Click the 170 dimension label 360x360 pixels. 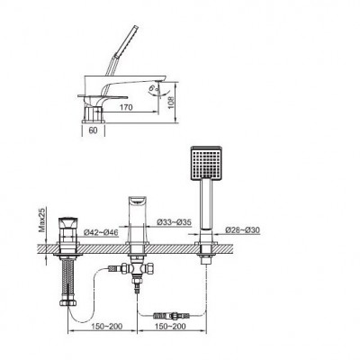(x=126, y=107)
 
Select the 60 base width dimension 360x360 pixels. (x=94, y=130)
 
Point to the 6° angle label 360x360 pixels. (x=153, y=87)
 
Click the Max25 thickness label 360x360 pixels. (x=43, y=220)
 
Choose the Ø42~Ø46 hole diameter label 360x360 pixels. (x=101, y=232)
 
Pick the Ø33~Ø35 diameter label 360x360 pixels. (x=175, y=222)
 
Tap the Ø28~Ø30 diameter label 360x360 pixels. (x=243, y=230)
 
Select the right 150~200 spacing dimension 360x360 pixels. (x=170, y=326)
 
